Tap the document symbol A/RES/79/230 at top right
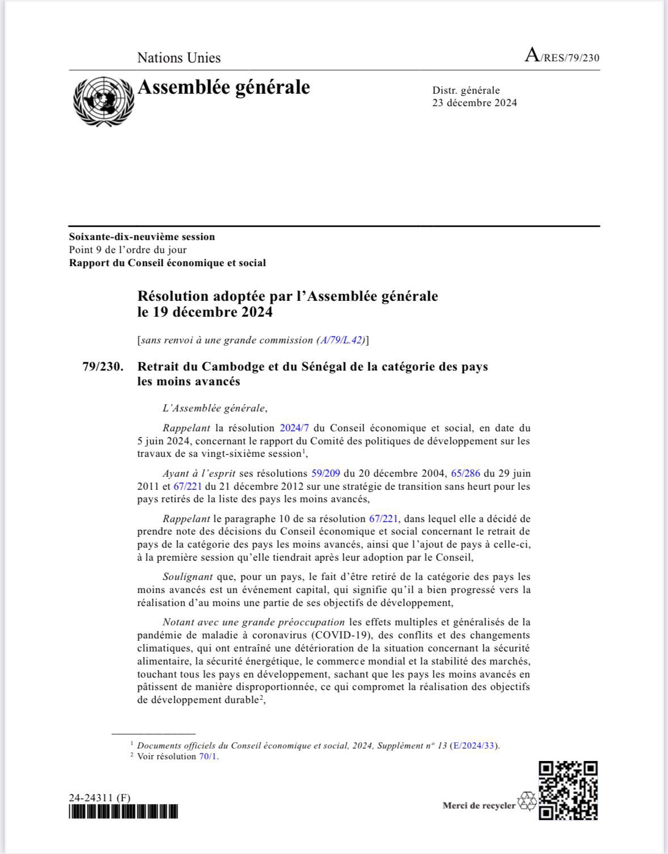(x=562, y=57)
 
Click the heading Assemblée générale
(x=223, y=87)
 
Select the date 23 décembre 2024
(x=474, y=103)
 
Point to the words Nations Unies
(x=179, y=58)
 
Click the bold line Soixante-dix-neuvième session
(x=142, y=237)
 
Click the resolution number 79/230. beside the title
(x=103, y=367)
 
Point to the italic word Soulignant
(x=187, y=576)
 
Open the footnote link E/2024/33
(x=475, y=746)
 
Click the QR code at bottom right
(x=568, y=790)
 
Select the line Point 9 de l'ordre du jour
(x=128, y=250)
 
